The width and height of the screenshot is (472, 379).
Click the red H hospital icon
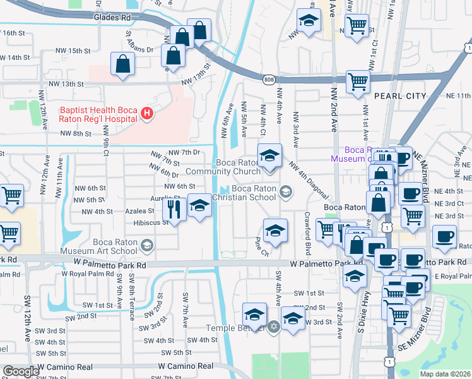click(147, 114)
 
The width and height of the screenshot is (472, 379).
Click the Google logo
click(21, 371)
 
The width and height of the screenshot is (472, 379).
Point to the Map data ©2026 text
click(445, 374)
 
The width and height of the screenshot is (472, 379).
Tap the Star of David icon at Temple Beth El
click(273, 327)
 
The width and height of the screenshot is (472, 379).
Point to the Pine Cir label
click(262, 246)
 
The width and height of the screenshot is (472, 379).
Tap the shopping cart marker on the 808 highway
click(358, 81)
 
